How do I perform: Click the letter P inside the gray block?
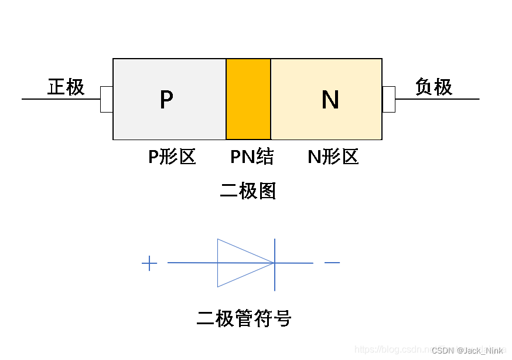(x=166, y=100)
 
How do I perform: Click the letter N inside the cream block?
(x=330, y=100)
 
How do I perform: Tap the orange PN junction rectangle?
(x=248, y=99)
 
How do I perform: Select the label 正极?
(x=66, y=87)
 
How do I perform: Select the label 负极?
(x=434, y=87)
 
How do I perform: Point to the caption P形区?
(x=172, y=157)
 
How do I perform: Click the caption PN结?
(x=252, y=157)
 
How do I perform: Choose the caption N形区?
(x=333, y=157)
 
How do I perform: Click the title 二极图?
(x=248, y=191)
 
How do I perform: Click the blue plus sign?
(x=149, y=263)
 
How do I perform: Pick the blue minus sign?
(x=332, y=262)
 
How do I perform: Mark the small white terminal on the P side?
(x=107, y=99)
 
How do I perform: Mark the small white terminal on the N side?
(x=389, y=99)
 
